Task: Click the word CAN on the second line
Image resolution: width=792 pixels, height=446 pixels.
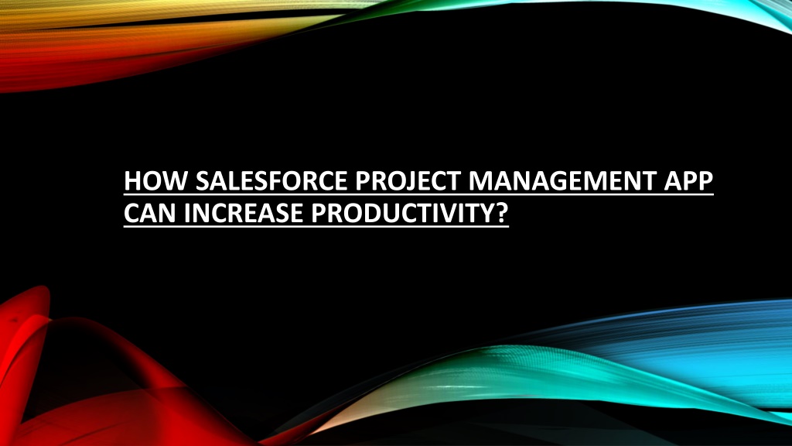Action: pyautogui.click(x=150, y=213)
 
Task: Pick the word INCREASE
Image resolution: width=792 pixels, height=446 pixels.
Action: pyautogui.click(x=244, y=213)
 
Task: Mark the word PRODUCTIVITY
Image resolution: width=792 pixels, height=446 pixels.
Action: pyautogui.click(x=400, y=213)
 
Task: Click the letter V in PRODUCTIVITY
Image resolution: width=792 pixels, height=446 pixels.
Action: pyautogui.click(x=455, y=213)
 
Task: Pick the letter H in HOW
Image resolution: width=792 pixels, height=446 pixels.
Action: pyautogui.click(x=133, y=180)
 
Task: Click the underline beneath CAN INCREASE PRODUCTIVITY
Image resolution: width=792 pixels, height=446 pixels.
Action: pyautogui.click(x=316, y=227)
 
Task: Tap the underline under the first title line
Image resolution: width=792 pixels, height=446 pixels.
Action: pyautogui.click(x=418, y=194)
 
